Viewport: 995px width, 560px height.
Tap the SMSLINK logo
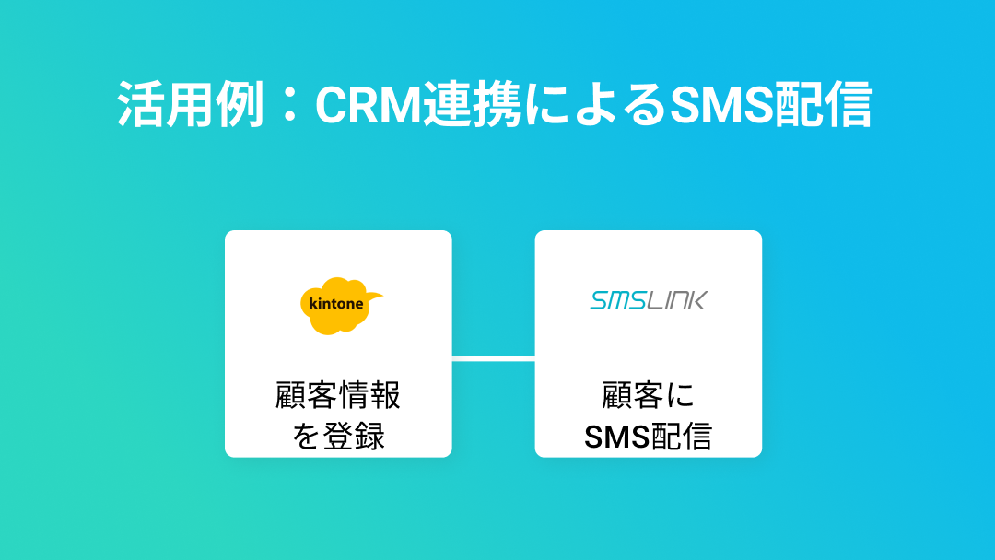649,300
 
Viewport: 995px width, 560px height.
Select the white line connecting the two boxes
493,358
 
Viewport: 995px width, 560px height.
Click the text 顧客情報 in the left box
338,396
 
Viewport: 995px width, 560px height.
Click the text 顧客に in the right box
649,396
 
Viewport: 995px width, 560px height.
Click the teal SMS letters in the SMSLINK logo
619,300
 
